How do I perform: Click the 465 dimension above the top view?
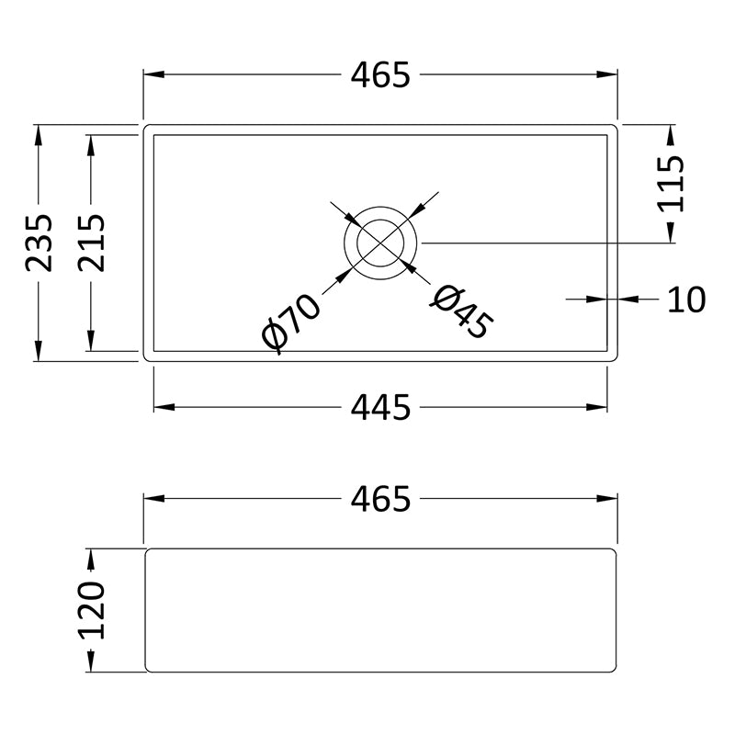tap(380, 75)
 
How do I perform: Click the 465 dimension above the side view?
tap(380, 498)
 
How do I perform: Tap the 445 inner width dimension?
tap(380, 407)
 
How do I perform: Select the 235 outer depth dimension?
tap(39, 243)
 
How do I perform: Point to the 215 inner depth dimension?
tap(91, 243)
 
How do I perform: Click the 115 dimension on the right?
tap(671, 185)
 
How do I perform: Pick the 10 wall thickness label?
tap(685, 300)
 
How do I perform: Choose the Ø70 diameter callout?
tap(291, 323)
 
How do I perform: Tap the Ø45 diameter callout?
tap(462, 311)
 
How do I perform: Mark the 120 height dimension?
tap(91, 610)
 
